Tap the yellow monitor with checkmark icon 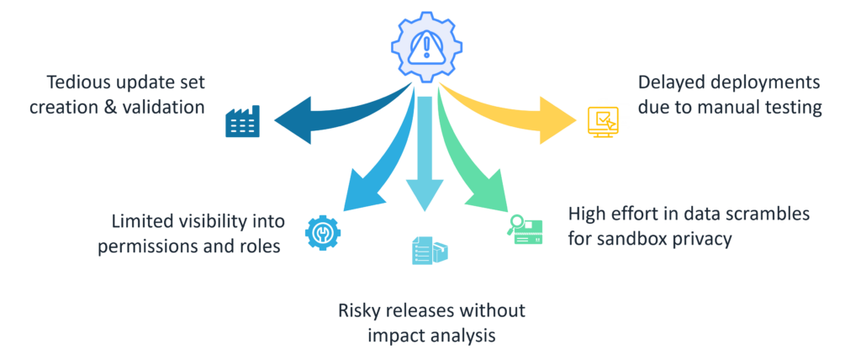(602, 121)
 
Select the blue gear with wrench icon (323, 232)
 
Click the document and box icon (430, 251)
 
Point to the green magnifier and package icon (524, 229)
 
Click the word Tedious (77, 83)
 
